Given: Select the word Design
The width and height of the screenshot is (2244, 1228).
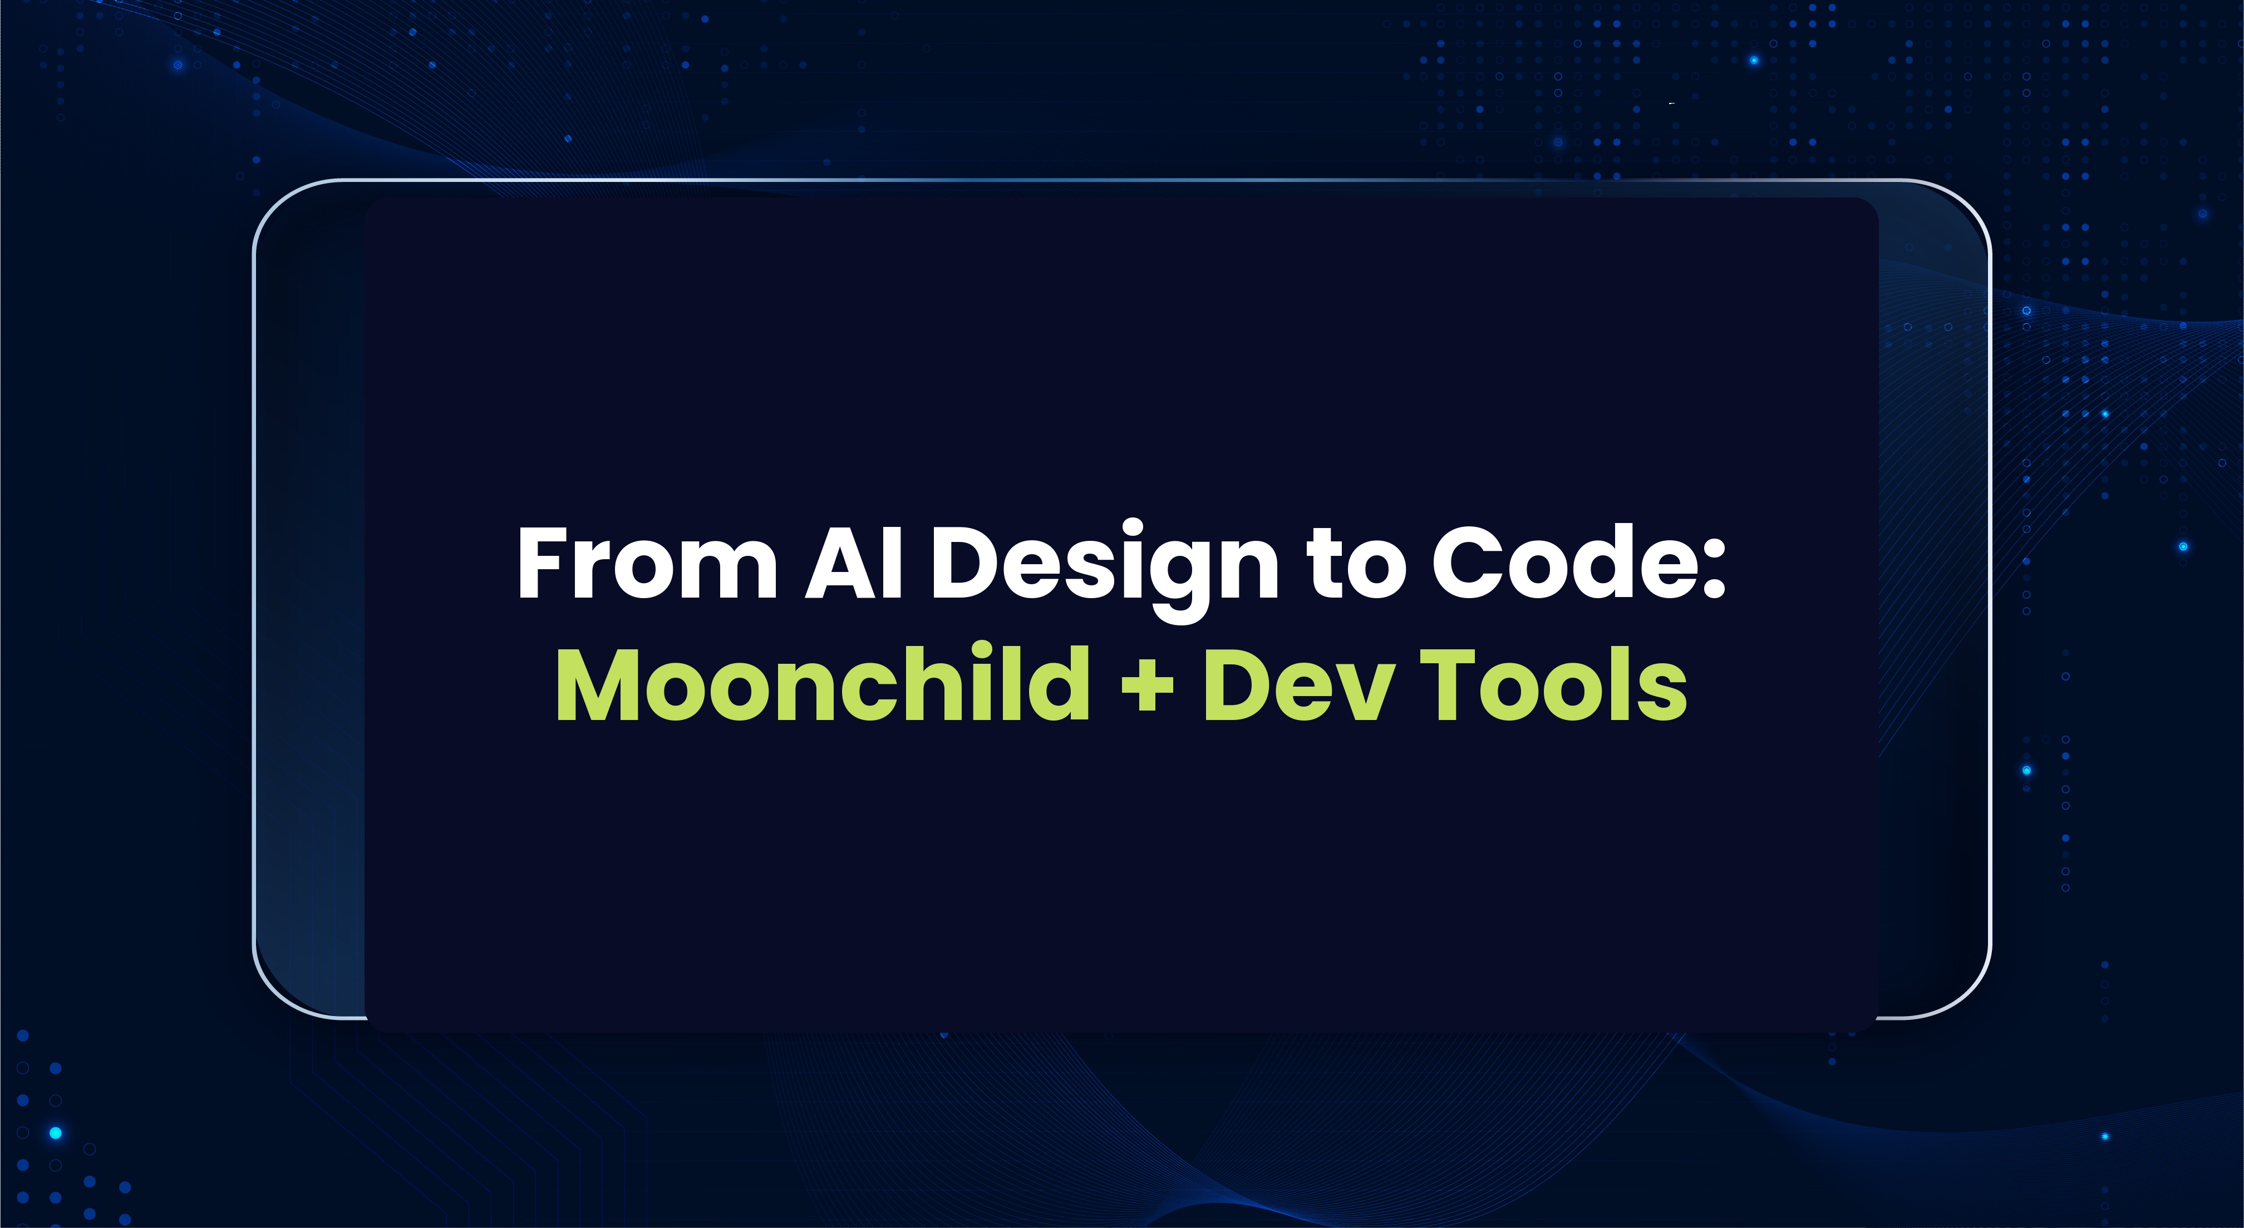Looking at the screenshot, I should (x=1105, y=566).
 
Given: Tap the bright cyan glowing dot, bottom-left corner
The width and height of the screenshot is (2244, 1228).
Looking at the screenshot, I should (x=56, y=1133).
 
